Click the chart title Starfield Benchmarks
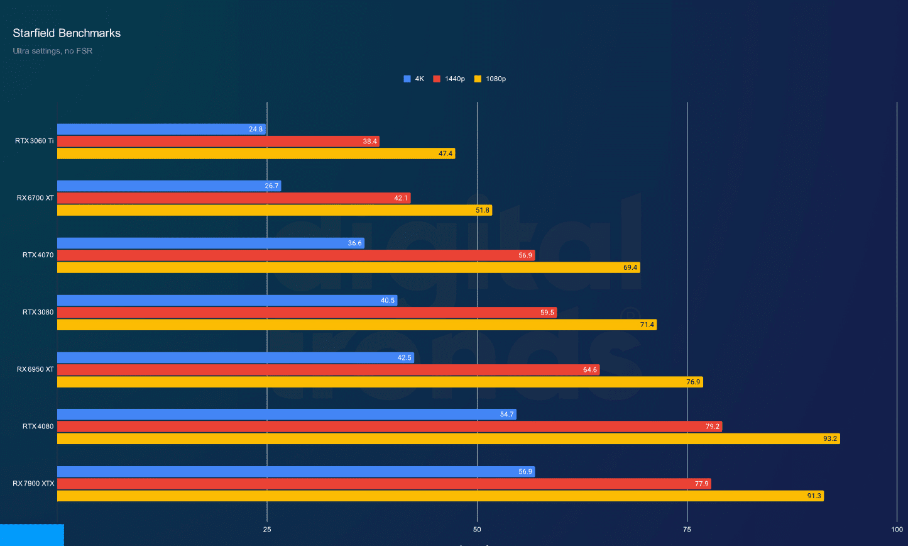[x=67, y=33]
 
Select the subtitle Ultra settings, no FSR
[x=52, y=50]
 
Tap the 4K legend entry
[x=414, y=79]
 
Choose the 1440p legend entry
[x=450, y=79]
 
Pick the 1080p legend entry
[x=490, y=79]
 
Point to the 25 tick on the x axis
[x=267, y=530]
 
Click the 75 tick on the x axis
[x=687, y=530]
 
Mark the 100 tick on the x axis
[x=897, y=530]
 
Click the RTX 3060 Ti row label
[x=34, y=141]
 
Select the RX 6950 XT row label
[x=35, y=369]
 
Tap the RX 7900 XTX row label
[x=33, y=484]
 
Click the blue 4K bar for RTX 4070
[x=211, y=243]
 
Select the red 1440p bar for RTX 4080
[x=390, y=426]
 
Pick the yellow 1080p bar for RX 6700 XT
[x=275, y=210]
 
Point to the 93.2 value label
[x=830, y=438]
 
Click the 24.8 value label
[x=256, y=129]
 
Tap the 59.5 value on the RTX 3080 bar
[x=547, y=313]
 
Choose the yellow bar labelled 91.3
[x=440, y=496]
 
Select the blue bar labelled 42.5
[x=236, y=358]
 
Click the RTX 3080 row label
[x=38, y=312]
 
